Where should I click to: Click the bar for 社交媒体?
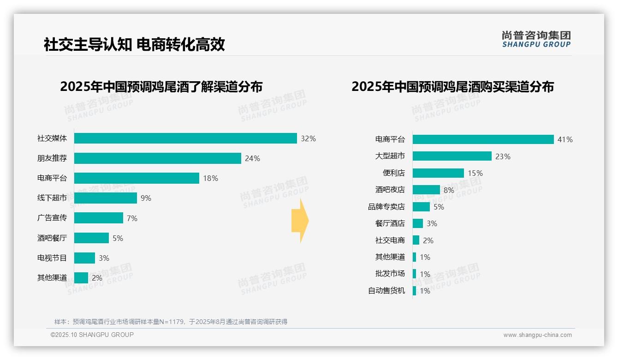[x=185, y=138]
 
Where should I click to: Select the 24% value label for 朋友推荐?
[x=252, y=158]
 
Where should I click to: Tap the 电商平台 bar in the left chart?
[x=137, y=178]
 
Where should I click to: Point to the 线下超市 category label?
[x=52, y=198]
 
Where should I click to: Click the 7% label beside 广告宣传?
[x=132, y=218]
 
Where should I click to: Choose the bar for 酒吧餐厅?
[x=91, y=238]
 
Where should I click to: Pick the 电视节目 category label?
[x=52, y=258]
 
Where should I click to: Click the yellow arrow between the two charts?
[x=300, y=221]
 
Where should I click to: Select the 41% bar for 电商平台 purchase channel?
[x=483, y=139]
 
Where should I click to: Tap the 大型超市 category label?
[x=390, y=156]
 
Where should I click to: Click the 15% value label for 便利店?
[x=475, y=173]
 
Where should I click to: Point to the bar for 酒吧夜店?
[x=426, y=190]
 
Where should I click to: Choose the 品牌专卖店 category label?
[x=386, y=207]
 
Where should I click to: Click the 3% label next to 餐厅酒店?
[x=432, y=223]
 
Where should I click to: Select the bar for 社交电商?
[x=416, y=240]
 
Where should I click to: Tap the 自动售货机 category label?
[x=386, y=291]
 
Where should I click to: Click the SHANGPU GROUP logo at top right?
[x=536, y=39]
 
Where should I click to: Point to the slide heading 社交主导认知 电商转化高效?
[x=134, y=45]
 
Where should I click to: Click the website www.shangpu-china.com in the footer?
[x=537, y=335]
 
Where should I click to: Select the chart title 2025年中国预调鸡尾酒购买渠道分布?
[x=452, y=87]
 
